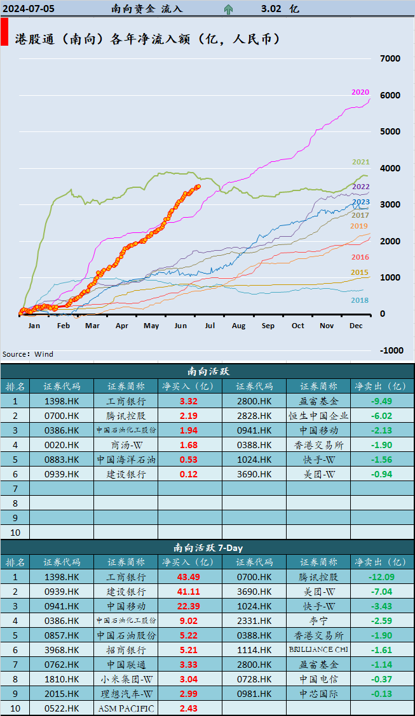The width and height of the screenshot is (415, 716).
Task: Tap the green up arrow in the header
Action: [x=228, y=9]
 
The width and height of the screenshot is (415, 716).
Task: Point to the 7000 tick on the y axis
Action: [x=390, y=58]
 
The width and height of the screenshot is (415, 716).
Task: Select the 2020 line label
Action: [x=360, y=92]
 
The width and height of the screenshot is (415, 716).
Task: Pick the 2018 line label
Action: [x=360, y=300]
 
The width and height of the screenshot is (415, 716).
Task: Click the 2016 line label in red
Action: [x=360, y=257]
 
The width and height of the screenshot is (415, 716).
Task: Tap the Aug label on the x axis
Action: [x=238, y=326]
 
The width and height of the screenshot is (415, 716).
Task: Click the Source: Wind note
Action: [x=28, y=354]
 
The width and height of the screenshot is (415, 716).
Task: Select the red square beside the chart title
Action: [x=4, y=32]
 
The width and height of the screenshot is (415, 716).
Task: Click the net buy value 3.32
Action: [x=189, y=401]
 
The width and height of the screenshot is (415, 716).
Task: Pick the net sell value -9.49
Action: [x=381, y=401]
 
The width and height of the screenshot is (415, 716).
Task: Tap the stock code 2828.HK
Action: [x=254, y=416]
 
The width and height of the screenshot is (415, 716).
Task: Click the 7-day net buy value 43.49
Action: [x=189, y=577]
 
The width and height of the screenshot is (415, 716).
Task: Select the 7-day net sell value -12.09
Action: [x=381, y=577]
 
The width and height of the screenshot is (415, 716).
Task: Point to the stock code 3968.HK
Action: [x=62, y=650]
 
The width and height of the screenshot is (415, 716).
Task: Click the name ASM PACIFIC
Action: [x=126, y=708]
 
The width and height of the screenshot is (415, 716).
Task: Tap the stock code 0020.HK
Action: [x=62, y=445]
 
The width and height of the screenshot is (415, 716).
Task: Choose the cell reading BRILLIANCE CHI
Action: [x=318, y=650]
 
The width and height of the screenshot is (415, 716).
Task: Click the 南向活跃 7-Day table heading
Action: [x=207, y=547]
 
